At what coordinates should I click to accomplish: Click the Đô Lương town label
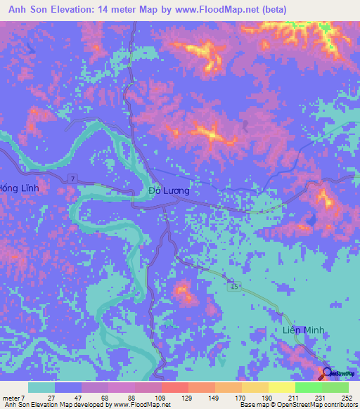[169, 190]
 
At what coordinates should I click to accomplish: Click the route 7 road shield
[72, 181]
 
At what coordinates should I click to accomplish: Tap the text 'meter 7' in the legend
[14, 398]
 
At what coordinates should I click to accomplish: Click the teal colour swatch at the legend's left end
[41, 387]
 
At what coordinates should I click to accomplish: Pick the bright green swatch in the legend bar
[308, 387]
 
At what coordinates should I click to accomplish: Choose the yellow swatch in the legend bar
[281, 387]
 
